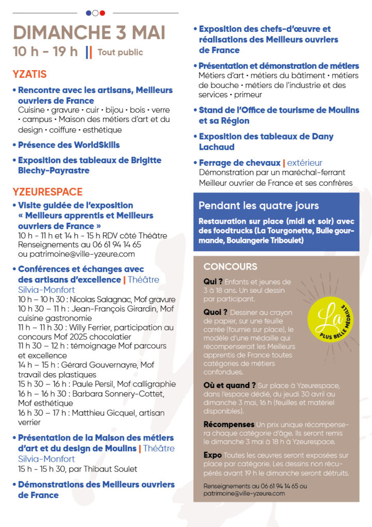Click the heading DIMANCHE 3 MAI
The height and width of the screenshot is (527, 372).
89,32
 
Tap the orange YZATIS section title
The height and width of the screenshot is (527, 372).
29,74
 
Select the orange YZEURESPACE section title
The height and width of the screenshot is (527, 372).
47,192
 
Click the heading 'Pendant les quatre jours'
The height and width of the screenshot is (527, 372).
259,206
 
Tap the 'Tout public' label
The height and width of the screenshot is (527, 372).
120,52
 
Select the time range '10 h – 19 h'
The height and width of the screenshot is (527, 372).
45,51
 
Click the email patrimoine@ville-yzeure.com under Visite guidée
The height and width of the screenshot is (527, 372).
76,254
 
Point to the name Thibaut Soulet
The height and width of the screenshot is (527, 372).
115,469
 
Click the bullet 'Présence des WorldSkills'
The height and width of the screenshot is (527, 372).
69,145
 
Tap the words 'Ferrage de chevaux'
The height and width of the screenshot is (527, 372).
240,163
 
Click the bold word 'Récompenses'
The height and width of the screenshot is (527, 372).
229,425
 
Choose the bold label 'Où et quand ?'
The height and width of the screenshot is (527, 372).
229,385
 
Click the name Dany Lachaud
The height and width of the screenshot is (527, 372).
266,142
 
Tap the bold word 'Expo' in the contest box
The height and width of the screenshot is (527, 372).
212,455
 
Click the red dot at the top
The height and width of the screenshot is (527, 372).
102,13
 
